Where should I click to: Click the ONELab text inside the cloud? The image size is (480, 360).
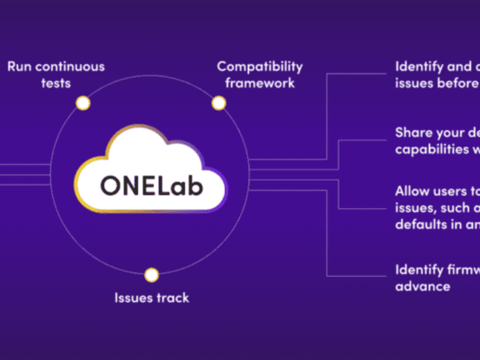pos(151,185)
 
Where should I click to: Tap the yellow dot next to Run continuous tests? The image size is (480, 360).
pos(83,103)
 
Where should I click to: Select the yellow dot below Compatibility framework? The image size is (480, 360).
pos(219,103)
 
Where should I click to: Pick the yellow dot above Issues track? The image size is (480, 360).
pos(152,275)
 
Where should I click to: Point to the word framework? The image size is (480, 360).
pos(260,83)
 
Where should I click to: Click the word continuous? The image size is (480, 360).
pos(71,67)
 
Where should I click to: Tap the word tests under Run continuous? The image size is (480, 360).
pos(56,83)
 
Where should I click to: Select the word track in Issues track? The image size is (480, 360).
pos(173,298)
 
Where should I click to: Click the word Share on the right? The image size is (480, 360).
pos(414,133)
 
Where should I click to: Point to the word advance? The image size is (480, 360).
pos(422,286)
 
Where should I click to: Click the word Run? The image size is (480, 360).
pos(20,67)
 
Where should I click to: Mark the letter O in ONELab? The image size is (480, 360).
pos(111,186)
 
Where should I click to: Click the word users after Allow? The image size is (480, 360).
pos(453,192)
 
